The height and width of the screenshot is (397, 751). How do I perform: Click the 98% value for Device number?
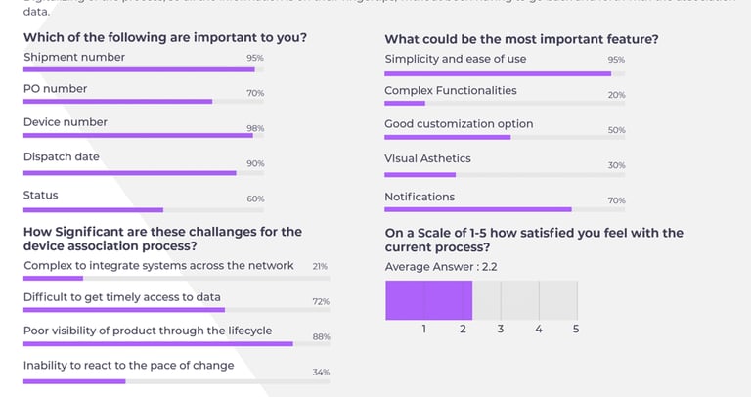(x=255, y=128)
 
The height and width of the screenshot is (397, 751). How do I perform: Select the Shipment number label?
(x=74, y=57)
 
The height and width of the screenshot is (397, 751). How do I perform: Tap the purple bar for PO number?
(x=117, y=101)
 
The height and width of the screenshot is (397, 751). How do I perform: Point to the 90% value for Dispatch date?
(x=255, y=163)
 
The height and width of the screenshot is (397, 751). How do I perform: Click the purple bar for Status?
(x=93, y=209)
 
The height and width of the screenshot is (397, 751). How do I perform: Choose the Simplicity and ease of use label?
(x=456, y=59)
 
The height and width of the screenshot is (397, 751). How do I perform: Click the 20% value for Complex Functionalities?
(x=616, y=95)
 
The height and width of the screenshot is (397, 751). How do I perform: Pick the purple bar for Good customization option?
(x=447, y=137)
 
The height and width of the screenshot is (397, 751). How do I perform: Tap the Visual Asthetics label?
(x=427, y=158)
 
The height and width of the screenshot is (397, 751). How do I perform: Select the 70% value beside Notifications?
(x=616, y=200)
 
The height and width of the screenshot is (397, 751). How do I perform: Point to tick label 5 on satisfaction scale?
(x=576, y=330)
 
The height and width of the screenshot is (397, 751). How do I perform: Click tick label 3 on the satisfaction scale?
(x=500, y=330)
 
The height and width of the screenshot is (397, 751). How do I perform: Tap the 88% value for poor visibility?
(x=321, y=337)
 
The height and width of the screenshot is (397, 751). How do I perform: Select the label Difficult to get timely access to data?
(x=122, y=296)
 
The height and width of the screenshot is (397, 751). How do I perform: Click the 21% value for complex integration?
(x=320, y=266)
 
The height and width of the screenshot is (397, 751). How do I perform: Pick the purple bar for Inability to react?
(x=74, y=380)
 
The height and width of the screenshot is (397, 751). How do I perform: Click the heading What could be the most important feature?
(x=521, y=39)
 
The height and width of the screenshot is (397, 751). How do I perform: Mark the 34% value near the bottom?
(x=321, y=372)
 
